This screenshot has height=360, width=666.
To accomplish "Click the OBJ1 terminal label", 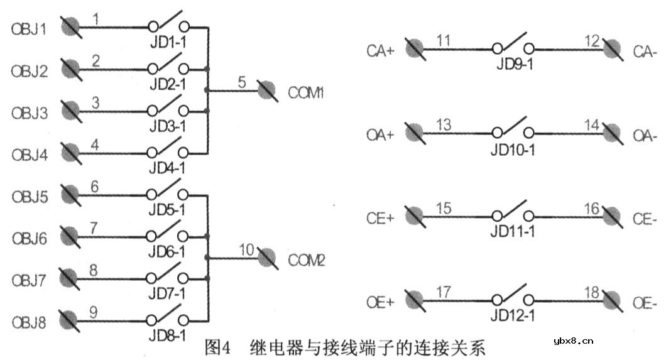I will (x=29, y=30).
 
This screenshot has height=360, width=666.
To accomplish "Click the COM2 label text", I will (x=307, y=259).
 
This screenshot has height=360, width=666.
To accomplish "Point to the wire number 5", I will (x=243, y=82).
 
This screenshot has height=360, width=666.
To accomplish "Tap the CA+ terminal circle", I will (x=413, y=48).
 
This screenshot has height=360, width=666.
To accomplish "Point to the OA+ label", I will (x=380, y=135).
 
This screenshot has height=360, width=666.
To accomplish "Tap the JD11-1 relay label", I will (x=512, y=232).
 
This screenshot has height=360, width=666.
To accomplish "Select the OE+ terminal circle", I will (x=413, y=300).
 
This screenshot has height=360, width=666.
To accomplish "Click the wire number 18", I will (x=591, y=292).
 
